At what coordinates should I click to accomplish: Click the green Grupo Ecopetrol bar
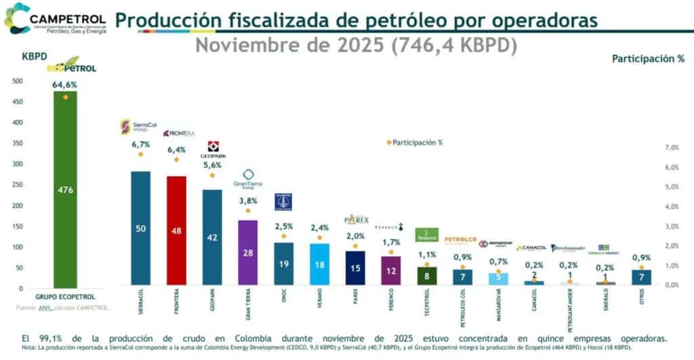click(65, 190)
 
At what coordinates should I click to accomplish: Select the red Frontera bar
click(176, 231)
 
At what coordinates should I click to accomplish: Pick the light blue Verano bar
click(319, 264)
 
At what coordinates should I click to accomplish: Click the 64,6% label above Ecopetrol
click(65, 85)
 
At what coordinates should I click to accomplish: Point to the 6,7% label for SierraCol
click(140, 144)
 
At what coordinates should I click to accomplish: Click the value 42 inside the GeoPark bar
click(212, 238)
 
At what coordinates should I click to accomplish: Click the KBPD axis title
click(35, 56)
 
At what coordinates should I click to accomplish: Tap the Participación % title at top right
click(648, 59)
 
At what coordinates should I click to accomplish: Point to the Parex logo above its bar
click(356, 220)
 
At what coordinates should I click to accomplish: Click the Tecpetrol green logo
click(426, 235)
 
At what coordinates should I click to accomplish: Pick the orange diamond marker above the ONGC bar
click(284, 236)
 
